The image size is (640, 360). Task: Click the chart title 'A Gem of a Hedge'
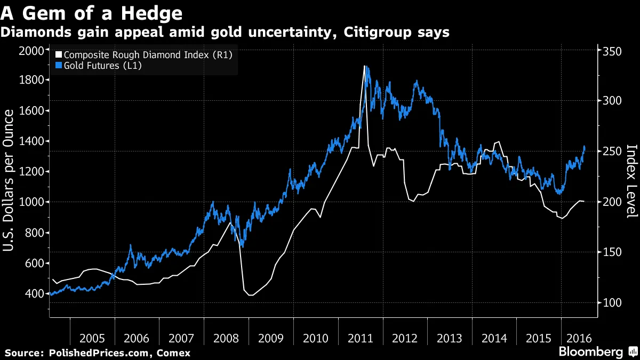point(92,12)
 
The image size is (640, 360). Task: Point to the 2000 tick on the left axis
point(31,51)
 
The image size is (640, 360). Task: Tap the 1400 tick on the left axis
point(31,142)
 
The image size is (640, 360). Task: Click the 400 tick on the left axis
point(34,294)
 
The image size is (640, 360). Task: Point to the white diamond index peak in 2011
point(364,66)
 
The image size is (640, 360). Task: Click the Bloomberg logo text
point(590,352)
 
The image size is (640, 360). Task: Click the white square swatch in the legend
point(59,55)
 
